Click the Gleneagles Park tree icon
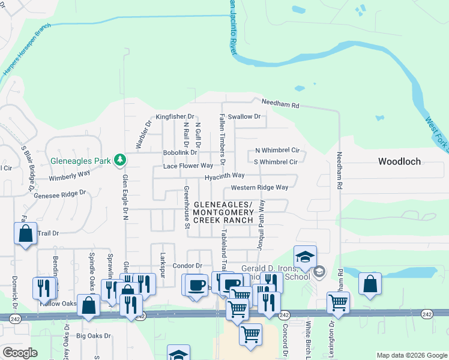point(121,160)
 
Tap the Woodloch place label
point(399,161)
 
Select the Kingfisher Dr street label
point(175,116)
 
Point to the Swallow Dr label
point(244,116)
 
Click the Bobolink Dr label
point(180,153)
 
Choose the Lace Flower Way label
point(188,165)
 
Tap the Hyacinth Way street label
point(224,175)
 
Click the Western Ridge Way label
point(259,187)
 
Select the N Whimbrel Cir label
point(277,151)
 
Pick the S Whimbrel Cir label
point(276,162)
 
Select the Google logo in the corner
point(20,353)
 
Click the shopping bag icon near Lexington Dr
point(370,284)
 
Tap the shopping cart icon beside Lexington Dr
point(339,302)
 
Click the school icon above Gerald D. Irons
point(305,257)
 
